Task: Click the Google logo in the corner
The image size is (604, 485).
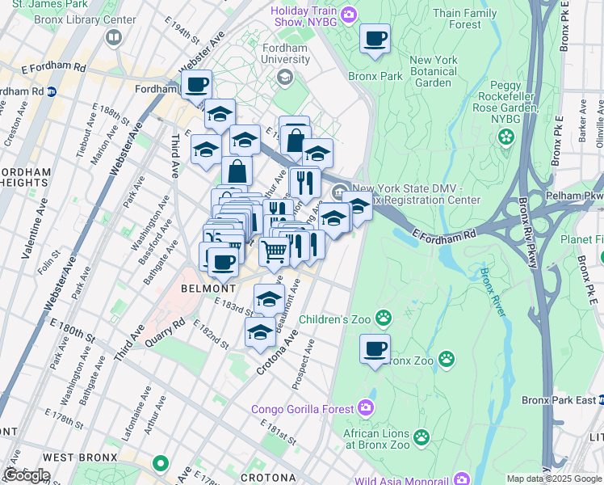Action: pyautogui.click(x=27, y=475)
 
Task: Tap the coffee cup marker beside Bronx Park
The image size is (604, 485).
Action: pyautogui.click(x=375, y=38)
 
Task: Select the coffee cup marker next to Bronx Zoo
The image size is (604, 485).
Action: pyautogui.click(x=375, y=349)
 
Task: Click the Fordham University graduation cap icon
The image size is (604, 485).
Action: pyautogui.click(x=284, y=76)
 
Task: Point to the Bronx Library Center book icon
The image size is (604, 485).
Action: pyautogui.click(x=113, y=36)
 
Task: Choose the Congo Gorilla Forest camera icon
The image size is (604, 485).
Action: pyautogui.click(x=366, y=408)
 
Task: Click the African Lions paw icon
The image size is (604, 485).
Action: pyautogui.click(x=421, y=437)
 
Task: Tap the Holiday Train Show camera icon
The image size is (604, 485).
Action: pyautogui.click(x=349, y=13)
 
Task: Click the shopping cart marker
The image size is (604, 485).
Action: pyautogui.click(x=274, y=252)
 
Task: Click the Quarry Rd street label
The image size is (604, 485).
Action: pyautogui.click(x=166, y=331)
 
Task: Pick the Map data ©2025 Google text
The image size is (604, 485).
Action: pyautogui.click(x=554, y=479)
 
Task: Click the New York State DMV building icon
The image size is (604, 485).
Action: pyautogui.click(x=338, y=191)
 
